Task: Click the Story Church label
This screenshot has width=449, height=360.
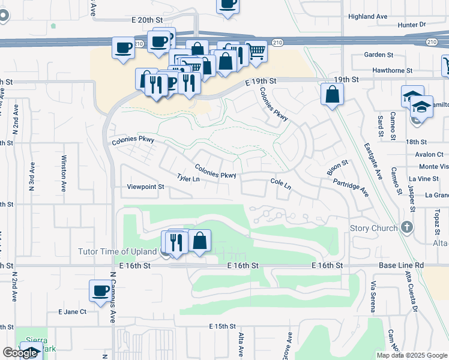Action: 373,228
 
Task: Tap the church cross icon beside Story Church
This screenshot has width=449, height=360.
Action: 408,227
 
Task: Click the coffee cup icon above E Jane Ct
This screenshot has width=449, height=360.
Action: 100,291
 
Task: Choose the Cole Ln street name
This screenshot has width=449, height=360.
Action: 280,184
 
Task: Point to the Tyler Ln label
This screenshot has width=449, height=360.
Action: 188,179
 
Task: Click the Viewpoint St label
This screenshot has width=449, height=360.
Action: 145,187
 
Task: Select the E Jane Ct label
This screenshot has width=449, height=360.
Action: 72,312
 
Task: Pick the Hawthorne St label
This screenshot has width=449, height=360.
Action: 392,70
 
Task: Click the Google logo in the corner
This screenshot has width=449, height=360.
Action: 20,353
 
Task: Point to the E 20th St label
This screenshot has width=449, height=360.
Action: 148,20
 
